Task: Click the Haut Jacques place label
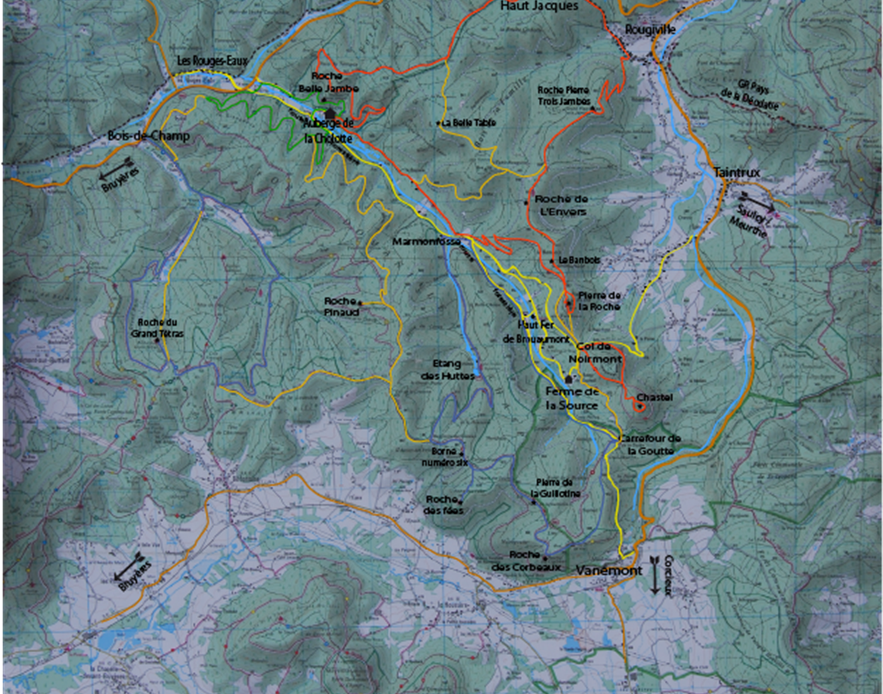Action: click(539, 6)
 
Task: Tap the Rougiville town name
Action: click(650, 30)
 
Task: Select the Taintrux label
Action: click(737, 172)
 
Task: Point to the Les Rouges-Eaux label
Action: click(212, 61)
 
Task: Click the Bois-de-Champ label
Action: click(148, 136)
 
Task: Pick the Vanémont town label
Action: click(609, 570)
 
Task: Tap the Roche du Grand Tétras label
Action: click(157, 328)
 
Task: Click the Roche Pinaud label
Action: click(341, 307)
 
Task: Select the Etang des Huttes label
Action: click(447, 370)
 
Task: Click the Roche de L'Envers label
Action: click(561, 205)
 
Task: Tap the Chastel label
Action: click(654, 397)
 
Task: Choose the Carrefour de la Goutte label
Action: click(650, 444)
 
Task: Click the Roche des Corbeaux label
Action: click(525, 561)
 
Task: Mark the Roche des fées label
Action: click(443, 505)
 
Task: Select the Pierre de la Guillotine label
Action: click(554, 488)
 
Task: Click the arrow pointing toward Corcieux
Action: click(655, 575)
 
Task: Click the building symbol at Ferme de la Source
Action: click(569, 379)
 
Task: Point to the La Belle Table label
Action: click(468, 122)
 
